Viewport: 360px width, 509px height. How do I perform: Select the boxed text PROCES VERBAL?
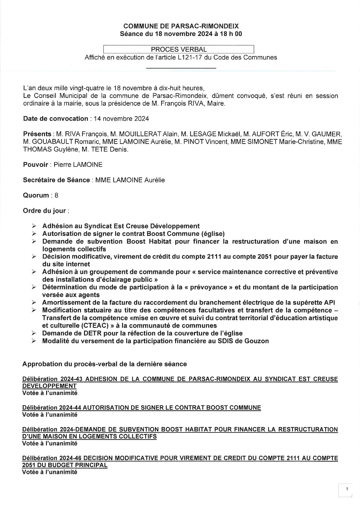[179, 49]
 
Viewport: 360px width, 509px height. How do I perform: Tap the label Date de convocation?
[55, 118]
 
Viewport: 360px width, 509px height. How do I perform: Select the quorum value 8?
[56, 195]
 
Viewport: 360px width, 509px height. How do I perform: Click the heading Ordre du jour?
[44, 211]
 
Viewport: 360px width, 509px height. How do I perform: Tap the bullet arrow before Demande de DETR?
[34, 333]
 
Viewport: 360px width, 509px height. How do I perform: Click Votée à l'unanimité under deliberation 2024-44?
[50, 415]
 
